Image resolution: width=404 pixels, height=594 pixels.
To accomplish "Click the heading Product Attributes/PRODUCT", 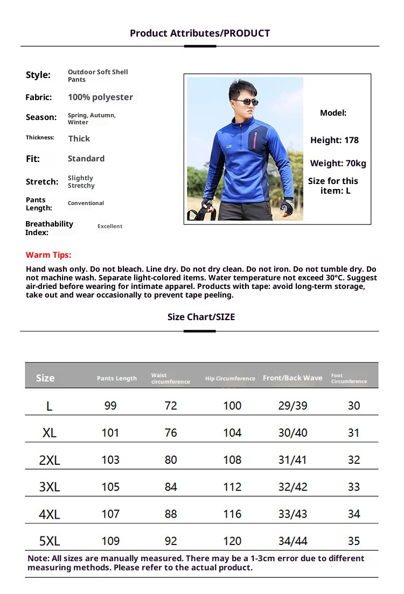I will [200, 33].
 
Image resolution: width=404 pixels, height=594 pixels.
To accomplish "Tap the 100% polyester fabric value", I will [100, 97].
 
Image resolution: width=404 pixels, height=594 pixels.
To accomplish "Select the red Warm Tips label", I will [48, 255].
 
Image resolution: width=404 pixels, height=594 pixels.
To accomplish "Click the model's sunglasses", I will [245, 102].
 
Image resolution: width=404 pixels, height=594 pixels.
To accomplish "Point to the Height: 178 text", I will [334, 140].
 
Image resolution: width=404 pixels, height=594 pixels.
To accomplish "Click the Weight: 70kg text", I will [338, 164].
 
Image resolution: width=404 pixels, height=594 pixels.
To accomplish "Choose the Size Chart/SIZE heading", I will [201, 317].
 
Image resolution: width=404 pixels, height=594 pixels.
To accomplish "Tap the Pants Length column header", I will [117, 378].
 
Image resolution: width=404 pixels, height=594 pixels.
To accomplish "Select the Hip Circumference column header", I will [230, 379].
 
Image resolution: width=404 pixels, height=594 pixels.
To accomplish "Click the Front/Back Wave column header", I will [292, 378].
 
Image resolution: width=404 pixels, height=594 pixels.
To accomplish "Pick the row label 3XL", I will [50, 487].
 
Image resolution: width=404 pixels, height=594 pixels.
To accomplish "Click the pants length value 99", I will [110, 406].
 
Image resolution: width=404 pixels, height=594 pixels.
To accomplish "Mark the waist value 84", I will [171, 487].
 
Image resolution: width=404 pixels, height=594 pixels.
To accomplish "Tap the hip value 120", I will [232, 541].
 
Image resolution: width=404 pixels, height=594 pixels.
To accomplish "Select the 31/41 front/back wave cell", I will [292, 460].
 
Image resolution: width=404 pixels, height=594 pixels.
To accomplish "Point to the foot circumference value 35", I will [354, 541].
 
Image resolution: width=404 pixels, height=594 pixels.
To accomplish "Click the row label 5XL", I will [50, 541].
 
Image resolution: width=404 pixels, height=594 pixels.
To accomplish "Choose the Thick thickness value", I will [79, 139].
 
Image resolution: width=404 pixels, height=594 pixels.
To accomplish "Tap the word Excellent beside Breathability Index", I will [110, 227].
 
